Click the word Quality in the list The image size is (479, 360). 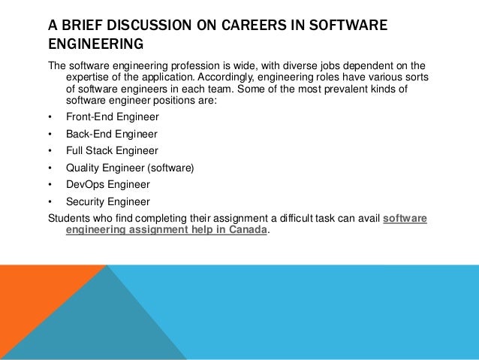pos(83,168)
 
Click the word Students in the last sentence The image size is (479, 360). pos(67,218)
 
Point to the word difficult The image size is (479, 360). pos(293,218)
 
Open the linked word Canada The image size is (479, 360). pos(248,231)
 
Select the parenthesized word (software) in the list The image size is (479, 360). pos(172,168)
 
